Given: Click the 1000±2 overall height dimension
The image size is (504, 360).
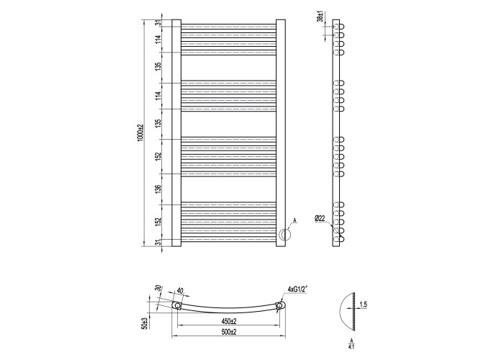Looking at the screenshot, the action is tap(140, 132).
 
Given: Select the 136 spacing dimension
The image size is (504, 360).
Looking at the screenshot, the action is tap(158, 189).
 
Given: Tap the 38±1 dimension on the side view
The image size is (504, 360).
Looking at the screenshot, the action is tap(320, 16).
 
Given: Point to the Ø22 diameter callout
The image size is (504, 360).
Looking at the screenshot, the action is tap(320, 219).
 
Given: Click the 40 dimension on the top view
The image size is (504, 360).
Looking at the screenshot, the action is tap(180, 291).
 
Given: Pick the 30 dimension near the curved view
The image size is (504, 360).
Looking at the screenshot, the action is tap(158, 289).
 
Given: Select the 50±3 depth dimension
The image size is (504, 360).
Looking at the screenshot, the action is tap(145, 323).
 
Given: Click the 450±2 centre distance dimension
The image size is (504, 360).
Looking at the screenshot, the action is tap(229, 321).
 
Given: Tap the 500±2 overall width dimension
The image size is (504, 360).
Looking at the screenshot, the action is tap(229, 332).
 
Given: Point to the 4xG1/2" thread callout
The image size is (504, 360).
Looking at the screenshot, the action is tap(298, 289).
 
